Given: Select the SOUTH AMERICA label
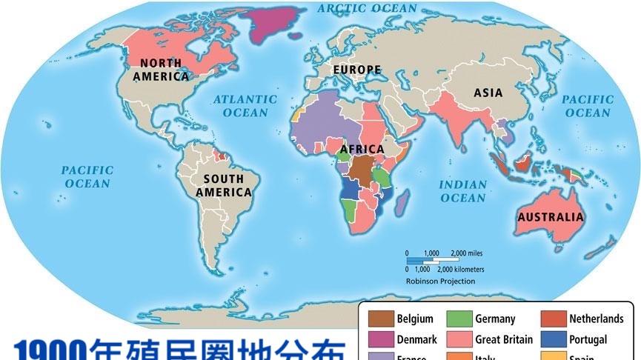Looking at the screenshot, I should [x=223, y=185].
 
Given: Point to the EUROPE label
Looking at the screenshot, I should [x=356, y=70].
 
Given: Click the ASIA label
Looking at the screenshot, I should [x=488, y=93].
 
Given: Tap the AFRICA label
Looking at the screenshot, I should [x=362, y=149].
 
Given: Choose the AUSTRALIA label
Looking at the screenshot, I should [x=550, y=217].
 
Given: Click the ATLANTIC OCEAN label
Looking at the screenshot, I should [x=245, y=106].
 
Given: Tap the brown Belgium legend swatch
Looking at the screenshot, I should [x=380, y=319].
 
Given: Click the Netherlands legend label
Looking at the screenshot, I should [x=596, y=319].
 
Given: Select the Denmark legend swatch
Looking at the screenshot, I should [x=380, y=339].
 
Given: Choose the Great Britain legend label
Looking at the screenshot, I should [x=503, y=340].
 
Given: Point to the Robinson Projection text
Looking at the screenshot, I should [x=440, y=281].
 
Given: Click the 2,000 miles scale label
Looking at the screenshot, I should [x=467, y=253].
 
